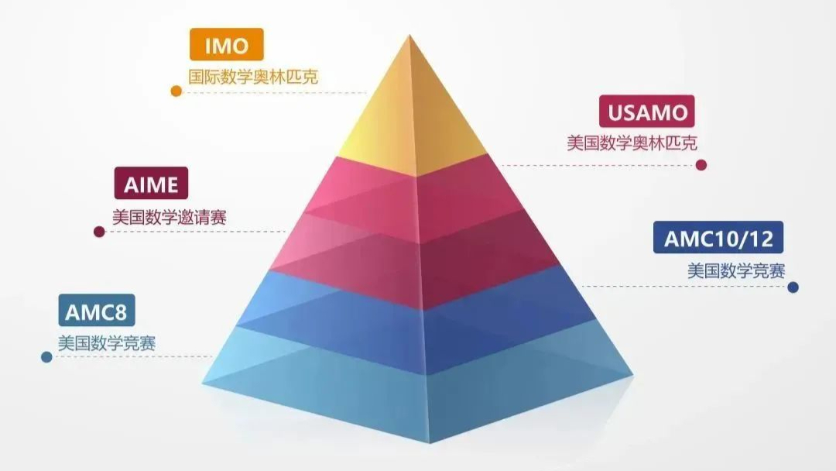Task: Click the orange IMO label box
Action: [227, 44]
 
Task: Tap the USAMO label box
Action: [646, 111]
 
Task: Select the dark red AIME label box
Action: [151, 183]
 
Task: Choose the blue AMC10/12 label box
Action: [718, 237]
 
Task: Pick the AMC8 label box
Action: [97, 310]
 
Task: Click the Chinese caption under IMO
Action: [253, 77]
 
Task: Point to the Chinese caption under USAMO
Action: [632, 143]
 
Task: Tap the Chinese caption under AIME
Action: [169, 217]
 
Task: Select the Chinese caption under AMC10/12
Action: [736, 271]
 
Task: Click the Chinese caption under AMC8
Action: [107, 343]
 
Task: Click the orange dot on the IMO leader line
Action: [176, 91]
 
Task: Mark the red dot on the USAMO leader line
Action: [701, 165]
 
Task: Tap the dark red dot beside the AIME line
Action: [99, 232]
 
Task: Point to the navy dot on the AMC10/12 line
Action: [793, 287]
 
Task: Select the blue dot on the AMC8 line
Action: [46, 357]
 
